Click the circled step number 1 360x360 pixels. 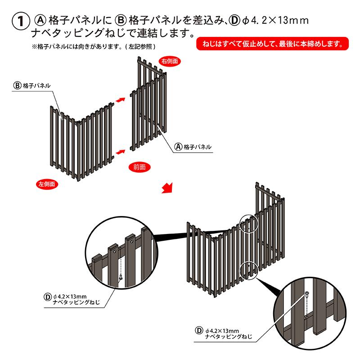[x=21, y=21]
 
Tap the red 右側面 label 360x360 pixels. [x=170, y=61]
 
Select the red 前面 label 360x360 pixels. [x=139, y=167]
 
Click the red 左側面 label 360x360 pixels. [x=47, y=184]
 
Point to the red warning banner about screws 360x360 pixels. [x=272, y=43]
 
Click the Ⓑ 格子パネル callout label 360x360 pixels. [x=32, y=86]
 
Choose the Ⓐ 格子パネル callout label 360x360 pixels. [x=193, y=147]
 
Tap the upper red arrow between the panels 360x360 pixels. [x=120, y=100]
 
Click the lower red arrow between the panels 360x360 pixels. [x=120, y=152]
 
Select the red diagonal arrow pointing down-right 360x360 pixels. [x=167, y=188]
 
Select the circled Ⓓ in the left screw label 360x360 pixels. [x=47, y=297]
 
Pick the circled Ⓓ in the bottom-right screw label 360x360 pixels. [x=199, y=331]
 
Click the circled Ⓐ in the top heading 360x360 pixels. [x=40, y=20]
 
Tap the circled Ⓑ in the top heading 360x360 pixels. [x=121, y=20]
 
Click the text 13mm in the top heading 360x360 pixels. [x=293, y=20]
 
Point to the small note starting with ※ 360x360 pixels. [x=94, y=47]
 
